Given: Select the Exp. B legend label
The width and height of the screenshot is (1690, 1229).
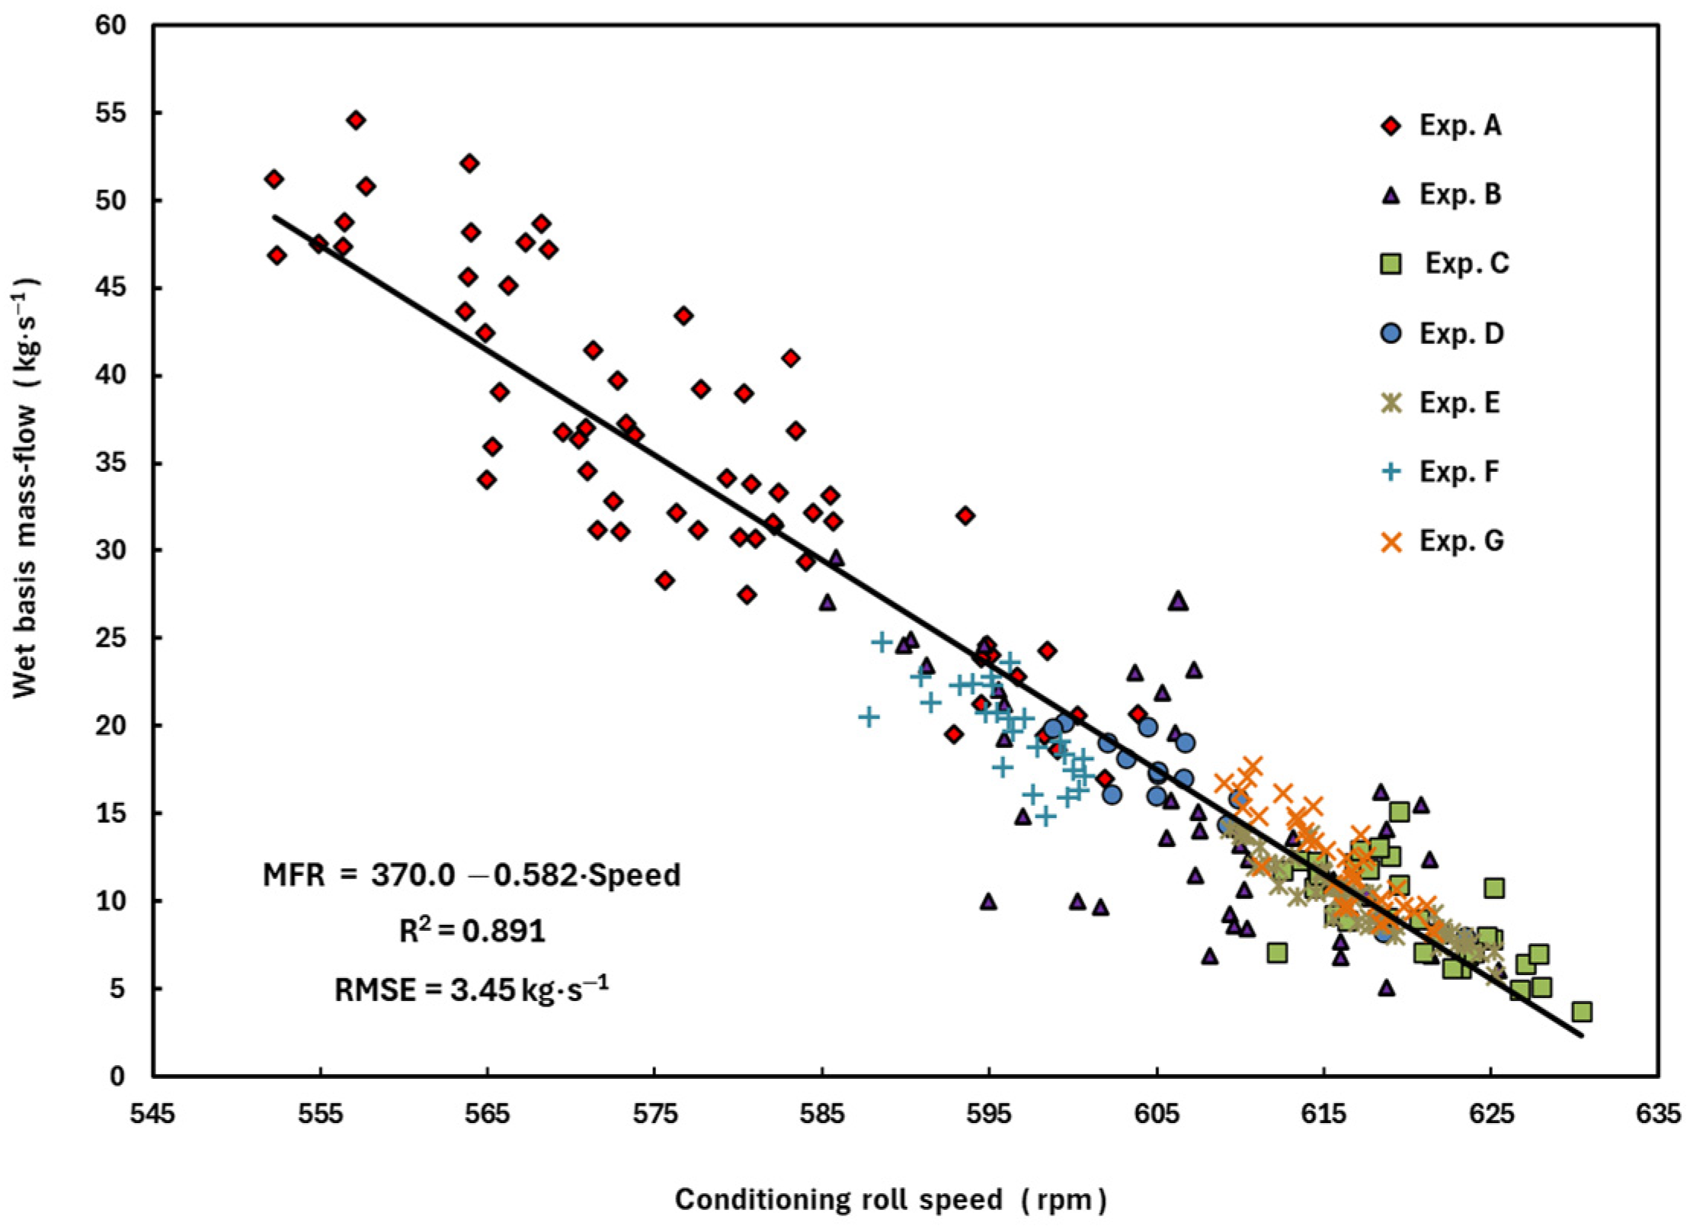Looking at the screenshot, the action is coord(1461,194).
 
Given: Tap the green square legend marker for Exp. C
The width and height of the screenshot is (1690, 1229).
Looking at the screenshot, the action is coord(1392,265).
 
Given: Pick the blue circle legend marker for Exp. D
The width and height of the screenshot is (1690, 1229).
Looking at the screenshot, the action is coord(1392,334).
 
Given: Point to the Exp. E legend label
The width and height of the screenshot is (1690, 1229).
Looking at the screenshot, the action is coord(1460,403).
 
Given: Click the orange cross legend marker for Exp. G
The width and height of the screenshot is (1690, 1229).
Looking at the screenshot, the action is coord(1392,541).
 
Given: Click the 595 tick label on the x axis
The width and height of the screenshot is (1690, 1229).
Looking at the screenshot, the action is coord(989,1114).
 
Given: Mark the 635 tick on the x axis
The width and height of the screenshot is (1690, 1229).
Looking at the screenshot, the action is coord(1658,1114).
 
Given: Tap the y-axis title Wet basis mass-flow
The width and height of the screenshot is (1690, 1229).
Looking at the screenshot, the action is coord(25,549).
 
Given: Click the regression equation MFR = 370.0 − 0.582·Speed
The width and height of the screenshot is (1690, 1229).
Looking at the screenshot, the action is coord(472,874).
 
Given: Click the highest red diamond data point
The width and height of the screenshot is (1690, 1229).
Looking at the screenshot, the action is coord(356,120).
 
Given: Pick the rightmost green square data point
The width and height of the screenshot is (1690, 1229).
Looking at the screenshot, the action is coord(1582,1012).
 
